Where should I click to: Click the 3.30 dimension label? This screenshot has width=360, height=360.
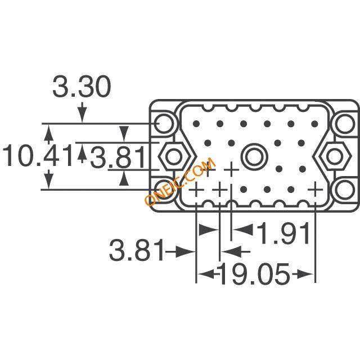point(82,86)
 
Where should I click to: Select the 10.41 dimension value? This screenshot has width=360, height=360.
point(38,155)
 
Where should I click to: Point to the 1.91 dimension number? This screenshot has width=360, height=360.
point(283,232)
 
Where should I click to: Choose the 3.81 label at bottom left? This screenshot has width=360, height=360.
point(137,250)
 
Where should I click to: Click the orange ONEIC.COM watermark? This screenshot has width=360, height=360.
point(181,181)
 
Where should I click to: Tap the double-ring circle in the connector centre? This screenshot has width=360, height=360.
point(254,156)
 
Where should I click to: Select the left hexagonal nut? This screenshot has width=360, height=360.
point(174,156)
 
